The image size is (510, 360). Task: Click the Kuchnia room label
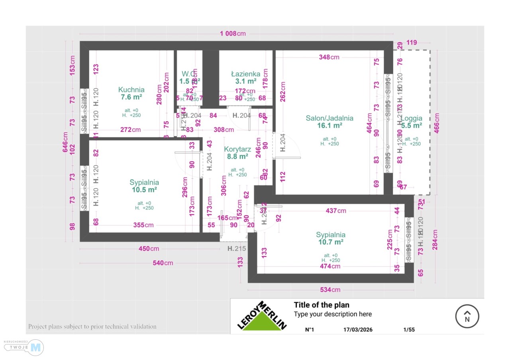click(x=131, y=90)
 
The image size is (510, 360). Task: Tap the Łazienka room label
click(x=246, y=74)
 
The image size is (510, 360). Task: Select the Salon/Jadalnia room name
click(x=330, y=118)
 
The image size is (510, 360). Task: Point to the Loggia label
click(x=412, y=118)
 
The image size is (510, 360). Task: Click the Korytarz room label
click(x=237, y=149)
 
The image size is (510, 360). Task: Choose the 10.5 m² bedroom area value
click(x=144, y=190)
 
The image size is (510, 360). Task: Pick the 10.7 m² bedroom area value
click(x=331, y=242)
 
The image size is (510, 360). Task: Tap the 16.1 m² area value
click(x=330, y=125)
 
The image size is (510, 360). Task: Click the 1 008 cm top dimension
click(x=233, y=33)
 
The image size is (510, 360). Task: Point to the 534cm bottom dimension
click(x=331, y=290)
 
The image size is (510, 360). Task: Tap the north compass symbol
click(x=467, y=317)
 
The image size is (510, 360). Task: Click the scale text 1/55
click(x=409, y=330)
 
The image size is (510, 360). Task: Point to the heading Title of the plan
click(x=322, y=305)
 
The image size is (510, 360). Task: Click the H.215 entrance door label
click(x=236, y=249)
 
